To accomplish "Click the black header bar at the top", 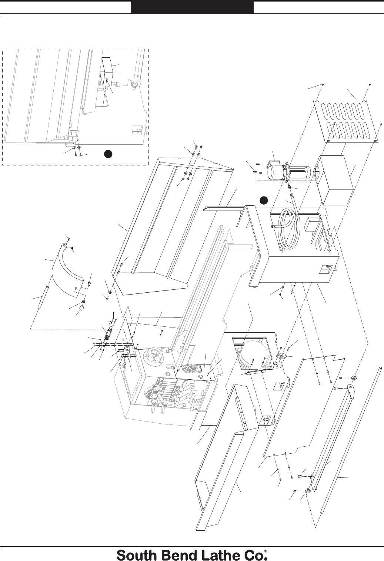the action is click(192, 7).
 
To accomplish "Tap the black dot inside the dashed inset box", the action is click(108, 154).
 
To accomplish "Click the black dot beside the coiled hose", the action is click(263, 200).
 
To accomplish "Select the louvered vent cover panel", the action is click(345, 121).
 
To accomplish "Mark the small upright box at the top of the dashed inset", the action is click(108, 66).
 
